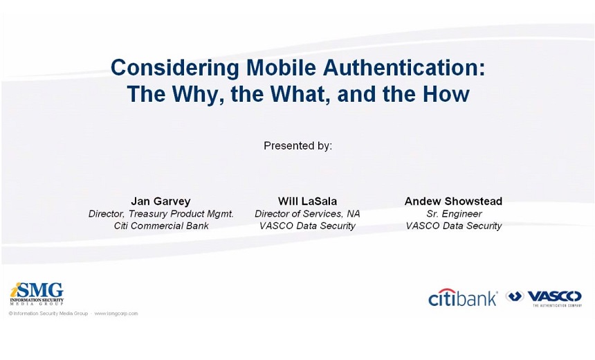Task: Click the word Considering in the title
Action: (175, 69)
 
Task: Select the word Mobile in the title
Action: (281, 67)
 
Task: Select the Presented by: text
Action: (298, 146)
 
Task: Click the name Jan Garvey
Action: (161, 201)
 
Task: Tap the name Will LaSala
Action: (307, 201)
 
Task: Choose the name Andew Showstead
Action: (453, 201)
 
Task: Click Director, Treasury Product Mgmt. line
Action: (161, 214)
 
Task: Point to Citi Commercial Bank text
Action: (161, 226)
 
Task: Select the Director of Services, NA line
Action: (307, 214)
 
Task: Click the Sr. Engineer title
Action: (455, 214)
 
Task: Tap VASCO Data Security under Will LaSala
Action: (307, 226)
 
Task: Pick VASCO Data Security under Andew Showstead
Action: (454, 226)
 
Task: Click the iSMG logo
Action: (37, 294)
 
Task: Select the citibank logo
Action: (463, 297)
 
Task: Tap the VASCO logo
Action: (544, 298)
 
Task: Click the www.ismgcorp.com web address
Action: (116, 314)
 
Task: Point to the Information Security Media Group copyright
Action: (48, 314)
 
